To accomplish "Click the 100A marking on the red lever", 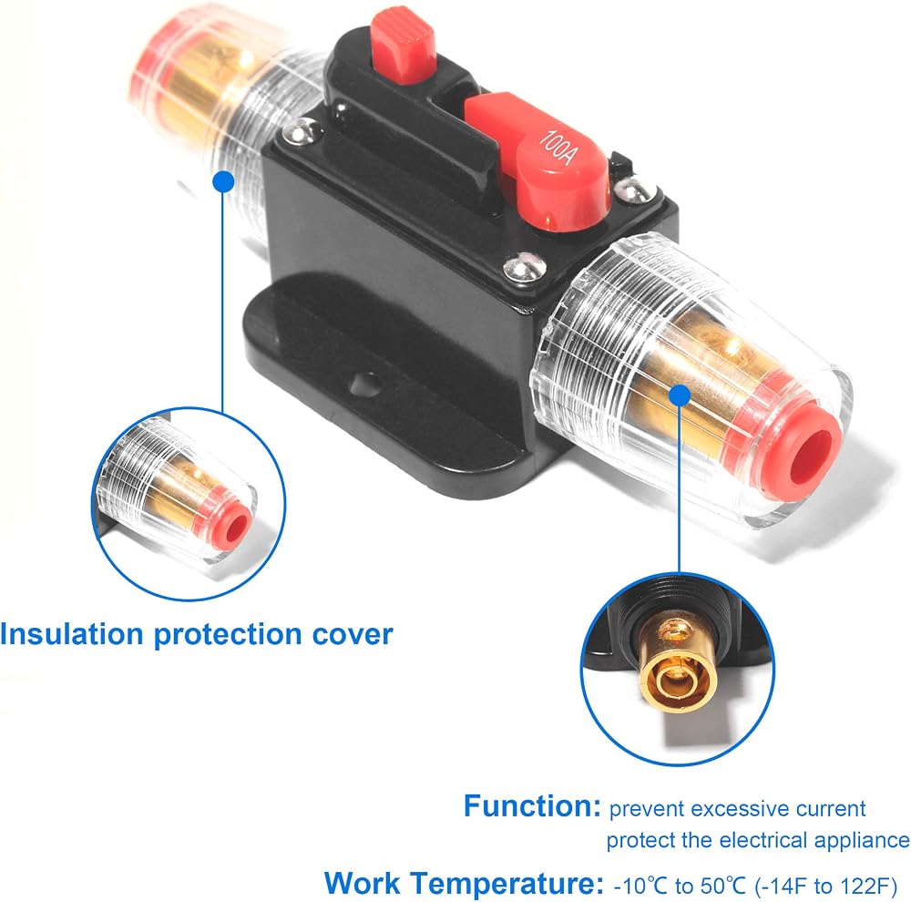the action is coord(558,148).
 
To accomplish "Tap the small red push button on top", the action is coord(404,43).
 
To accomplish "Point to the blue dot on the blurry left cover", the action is coord(224,182).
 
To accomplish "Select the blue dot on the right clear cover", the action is coord(680,395).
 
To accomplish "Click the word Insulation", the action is coord(71,633).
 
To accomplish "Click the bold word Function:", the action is coord(532,806).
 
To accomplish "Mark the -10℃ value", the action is coord(641,887).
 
